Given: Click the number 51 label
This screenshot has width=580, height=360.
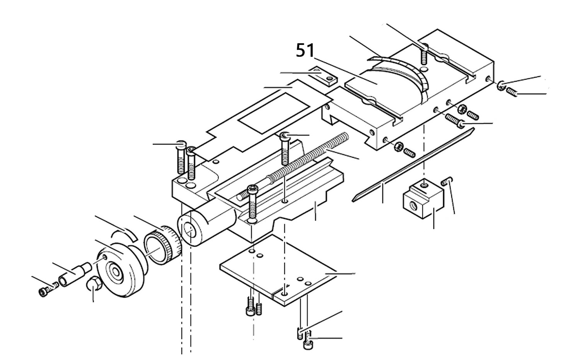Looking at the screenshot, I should [305, 51].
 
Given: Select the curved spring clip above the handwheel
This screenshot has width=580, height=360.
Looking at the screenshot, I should [123, 234].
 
